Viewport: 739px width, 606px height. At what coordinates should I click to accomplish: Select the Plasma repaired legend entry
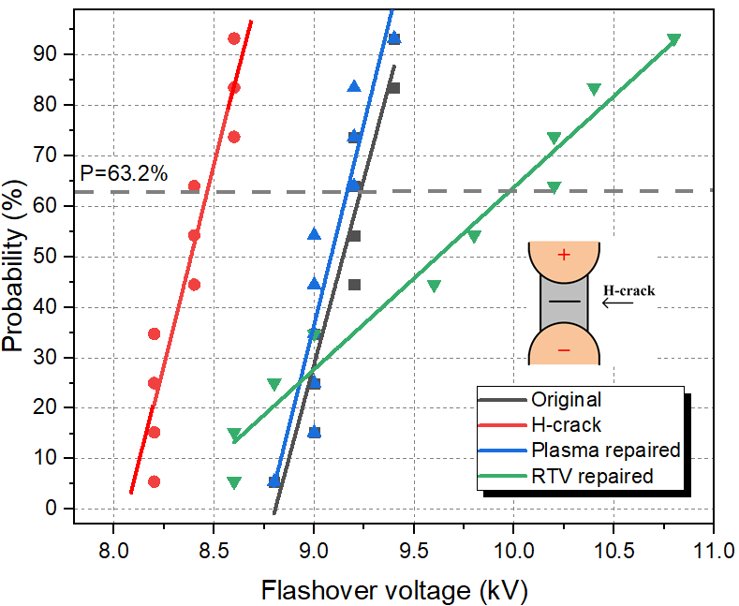pos(604,450)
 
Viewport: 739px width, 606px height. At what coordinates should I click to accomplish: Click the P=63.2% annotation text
pos(124,172)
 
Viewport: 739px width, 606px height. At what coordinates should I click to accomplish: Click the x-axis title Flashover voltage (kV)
pos(396,590)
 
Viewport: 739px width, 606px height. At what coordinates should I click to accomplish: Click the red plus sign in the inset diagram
pos(563,255)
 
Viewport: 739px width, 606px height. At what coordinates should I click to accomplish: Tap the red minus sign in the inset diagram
pos(563,350)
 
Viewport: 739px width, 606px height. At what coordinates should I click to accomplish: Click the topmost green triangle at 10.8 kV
pos(673,40)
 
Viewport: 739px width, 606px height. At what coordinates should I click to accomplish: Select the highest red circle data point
pos(234,38)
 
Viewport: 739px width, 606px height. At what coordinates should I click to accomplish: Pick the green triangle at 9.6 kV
pos(434,286)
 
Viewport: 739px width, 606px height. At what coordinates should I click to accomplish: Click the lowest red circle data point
pos(154,481)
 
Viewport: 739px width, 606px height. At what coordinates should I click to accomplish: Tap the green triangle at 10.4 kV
pos(594,90)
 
